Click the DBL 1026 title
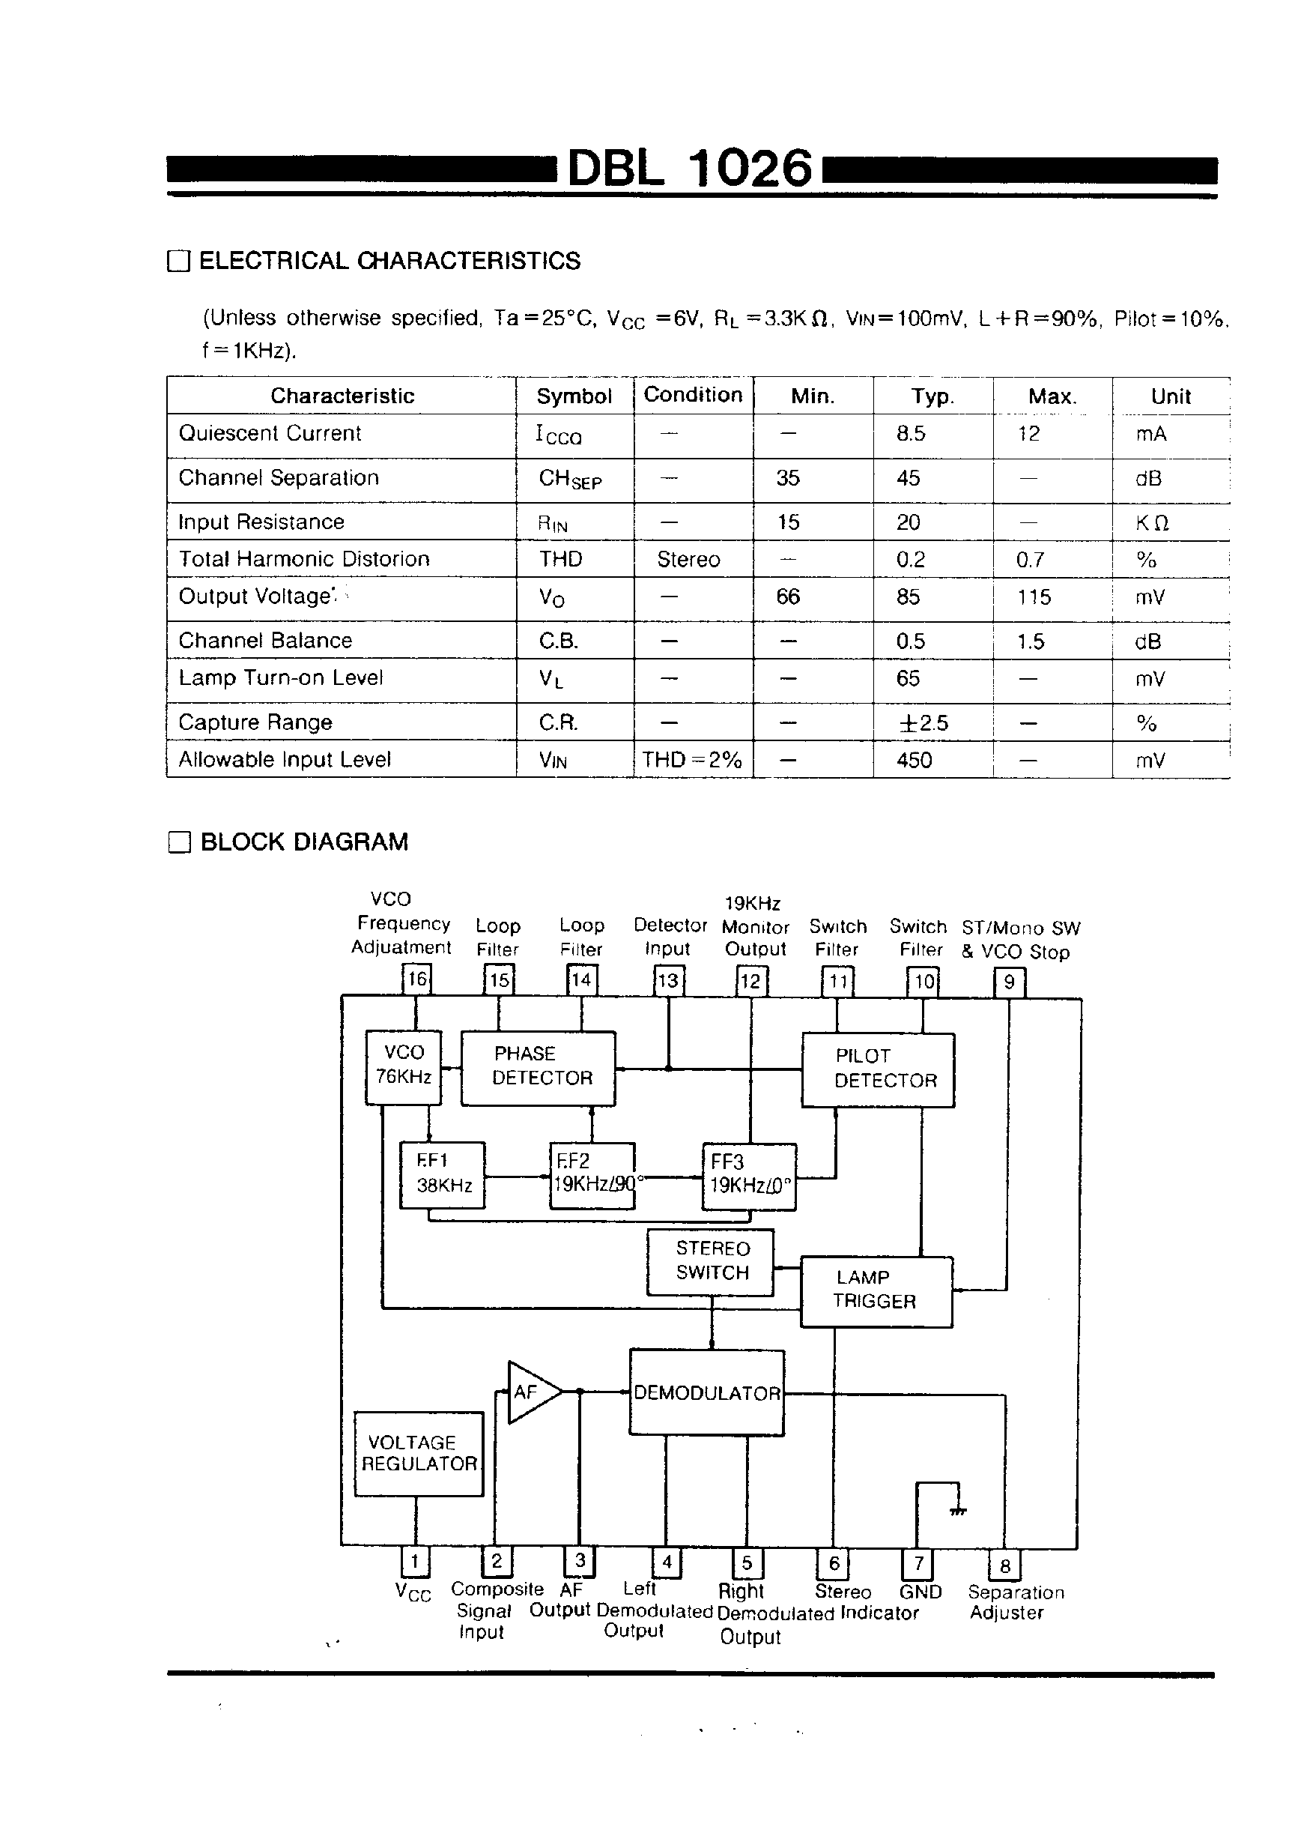tap(690, 169)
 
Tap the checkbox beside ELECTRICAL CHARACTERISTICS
tap(178, 262)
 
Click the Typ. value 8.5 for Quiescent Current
tap(911, 434)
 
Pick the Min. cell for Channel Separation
tap(787, 479)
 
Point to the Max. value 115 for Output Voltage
tap(1034, 598)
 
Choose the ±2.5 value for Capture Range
tap(923, 723)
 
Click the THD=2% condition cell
tap(692, 760)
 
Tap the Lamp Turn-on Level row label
tap(281, 679)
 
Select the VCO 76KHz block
tap(404, 1066)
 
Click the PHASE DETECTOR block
tap(538, 1068)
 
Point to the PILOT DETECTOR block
tap(878, 1069)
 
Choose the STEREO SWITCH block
tap(711, 1262)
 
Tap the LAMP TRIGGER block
tap(876, 1291)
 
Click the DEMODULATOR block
tap(706, 1392)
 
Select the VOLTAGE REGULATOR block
tap(419, 1454)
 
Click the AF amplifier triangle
tap(530, 1392)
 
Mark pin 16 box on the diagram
tap(416, 979)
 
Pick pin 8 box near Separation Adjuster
tap(1004, 1565)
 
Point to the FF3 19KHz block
tap(749, 1175)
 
